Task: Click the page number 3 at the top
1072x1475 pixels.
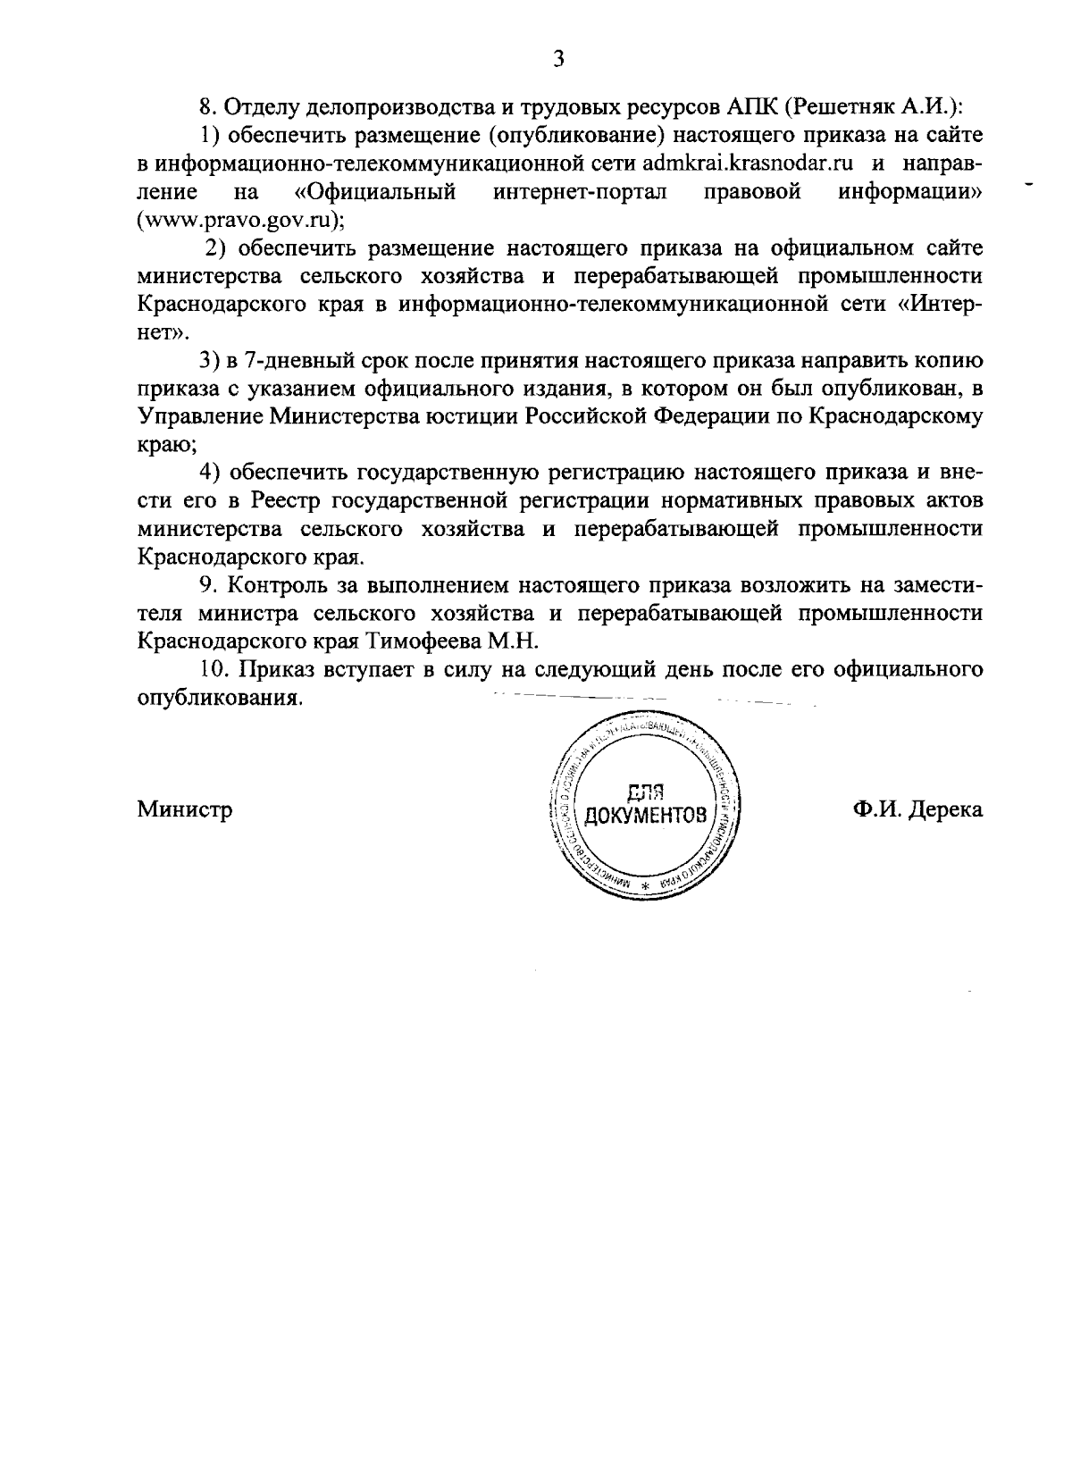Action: click(x=558, y=59)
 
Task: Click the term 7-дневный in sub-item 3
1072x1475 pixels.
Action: click(x=273, y=361)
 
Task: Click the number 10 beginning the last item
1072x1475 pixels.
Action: click(x=211, y=670)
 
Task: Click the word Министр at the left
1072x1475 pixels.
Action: click(x=185, y=809)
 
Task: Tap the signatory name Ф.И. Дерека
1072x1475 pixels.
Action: click(x=917, y=809)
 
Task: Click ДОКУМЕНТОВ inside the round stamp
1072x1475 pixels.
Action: click(x=644, y=816)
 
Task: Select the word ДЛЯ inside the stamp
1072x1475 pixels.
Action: click(x=644, y=791)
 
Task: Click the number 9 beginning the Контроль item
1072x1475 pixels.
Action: click(x=205, y=586)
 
